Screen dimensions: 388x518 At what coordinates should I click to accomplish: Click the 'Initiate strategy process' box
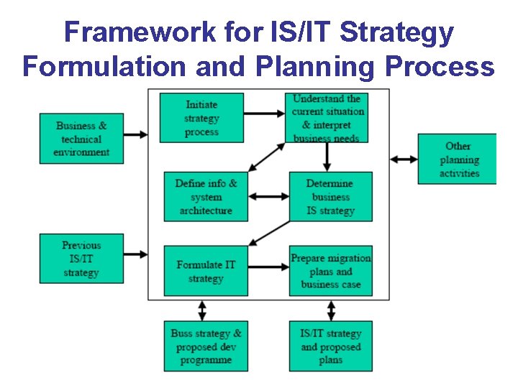point(201,118)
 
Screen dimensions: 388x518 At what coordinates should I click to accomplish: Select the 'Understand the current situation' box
point(327,117)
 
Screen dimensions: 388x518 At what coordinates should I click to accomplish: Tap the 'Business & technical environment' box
point(81,139)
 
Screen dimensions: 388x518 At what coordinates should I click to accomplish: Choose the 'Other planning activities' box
point(458,159)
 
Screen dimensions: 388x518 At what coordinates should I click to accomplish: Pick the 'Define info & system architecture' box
point(206,196)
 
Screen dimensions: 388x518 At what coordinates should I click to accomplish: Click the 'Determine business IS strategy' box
point(331,196)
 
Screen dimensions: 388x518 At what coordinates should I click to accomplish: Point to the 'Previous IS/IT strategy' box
point(81,259)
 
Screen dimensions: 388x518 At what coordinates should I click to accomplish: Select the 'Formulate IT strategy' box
point(206,271)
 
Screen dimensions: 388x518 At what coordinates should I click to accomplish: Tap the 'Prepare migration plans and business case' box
point(331,271)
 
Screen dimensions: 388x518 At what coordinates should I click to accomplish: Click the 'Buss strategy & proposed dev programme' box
point(206,346)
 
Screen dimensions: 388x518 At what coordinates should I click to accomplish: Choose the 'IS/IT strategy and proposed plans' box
point(331,346)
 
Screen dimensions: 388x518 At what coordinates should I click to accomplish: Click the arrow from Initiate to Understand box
point(265,113)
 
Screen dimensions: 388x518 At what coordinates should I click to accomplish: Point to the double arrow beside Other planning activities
point(404,159)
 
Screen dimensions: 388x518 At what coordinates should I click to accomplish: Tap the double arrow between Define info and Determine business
point(268,195)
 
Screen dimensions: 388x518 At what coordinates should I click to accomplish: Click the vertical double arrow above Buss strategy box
point(202,310)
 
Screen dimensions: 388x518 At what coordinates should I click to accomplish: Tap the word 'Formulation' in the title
point(99,66)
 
